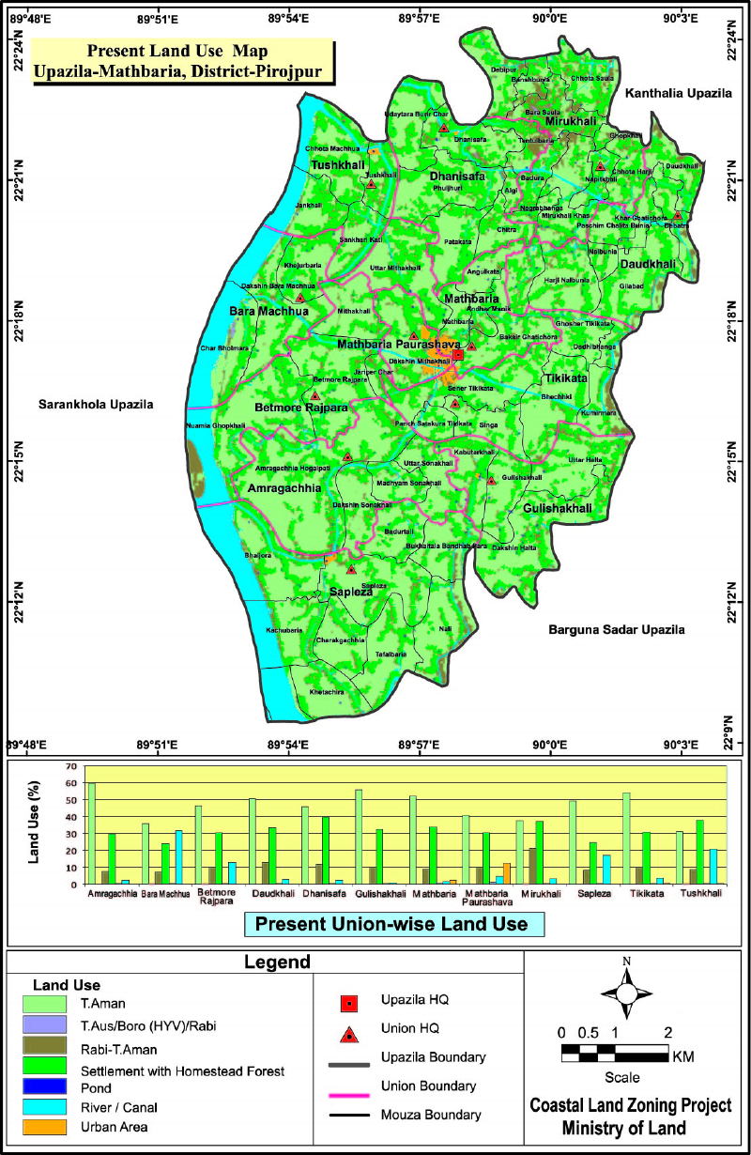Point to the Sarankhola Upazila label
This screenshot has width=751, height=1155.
coord(95,405)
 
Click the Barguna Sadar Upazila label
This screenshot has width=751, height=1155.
coord(616,629)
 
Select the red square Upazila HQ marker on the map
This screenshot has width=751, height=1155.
coord(457,354)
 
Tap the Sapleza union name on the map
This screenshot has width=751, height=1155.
coord(351,592)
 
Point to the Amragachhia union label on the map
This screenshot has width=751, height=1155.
coord(284,488)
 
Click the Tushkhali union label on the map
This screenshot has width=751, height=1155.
coord(338,165)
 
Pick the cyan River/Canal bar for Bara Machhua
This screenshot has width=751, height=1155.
coord(178,857)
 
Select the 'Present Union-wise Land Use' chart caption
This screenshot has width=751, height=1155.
coord(393,925)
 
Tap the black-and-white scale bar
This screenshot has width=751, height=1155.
coord(615,1054)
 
